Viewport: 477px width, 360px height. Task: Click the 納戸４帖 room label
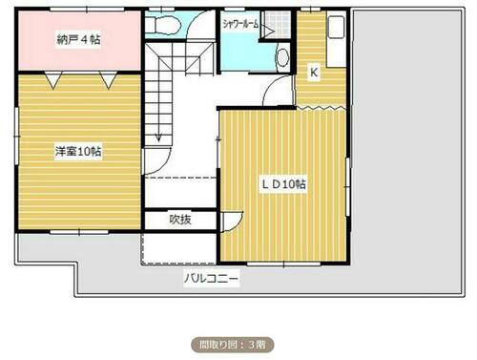78,39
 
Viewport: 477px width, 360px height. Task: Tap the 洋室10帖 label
78,151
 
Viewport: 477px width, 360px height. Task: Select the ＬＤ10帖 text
284,184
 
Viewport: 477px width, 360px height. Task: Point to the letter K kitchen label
314,73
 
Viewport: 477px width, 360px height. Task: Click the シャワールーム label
240,24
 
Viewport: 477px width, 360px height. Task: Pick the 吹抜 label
180,220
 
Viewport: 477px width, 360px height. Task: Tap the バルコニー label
212,279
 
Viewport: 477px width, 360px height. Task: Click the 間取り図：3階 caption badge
233,345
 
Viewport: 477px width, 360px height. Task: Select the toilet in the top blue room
163,24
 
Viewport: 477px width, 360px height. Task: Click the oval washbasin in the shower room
282,57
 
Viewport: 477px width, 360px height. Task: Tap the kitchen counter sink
336,28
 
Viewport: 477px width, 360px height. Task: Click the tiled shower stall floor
278,23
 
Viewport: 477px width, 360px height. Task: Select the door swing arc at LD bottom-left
237,223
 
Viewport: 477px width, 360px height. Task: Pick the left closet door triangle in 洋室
53,79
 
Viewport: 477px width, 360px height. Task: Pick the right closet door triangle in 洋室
109,80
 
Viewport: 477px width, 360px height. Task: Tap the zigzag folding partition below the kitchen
321,108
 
